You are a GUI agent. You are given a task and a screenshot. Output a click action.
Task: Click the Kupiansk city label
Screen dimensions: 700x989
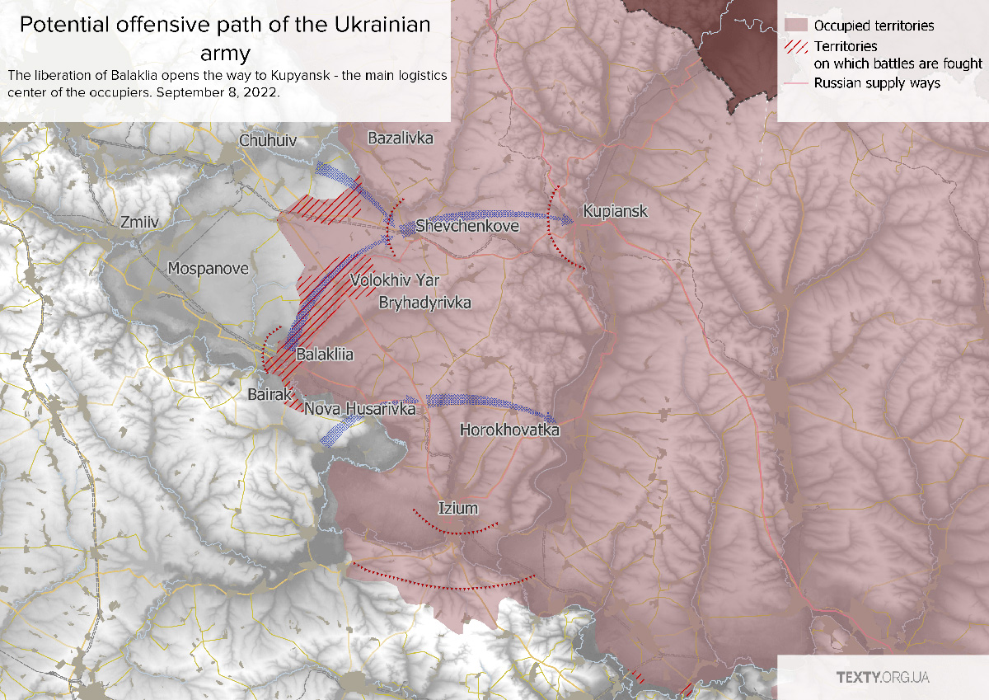615,212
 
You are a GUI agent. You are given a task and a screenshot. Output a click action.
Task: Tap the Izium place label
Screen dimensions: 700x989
457,508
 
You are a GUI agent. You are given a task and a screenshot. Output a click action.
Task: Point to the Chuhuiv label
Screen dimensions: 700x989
267,141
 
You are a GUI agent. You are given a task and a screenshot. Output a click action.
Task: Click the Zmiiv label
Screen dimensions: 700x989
138,223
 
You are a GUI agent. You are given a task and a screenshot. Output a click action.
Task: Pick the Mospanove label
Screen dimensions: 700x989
208,268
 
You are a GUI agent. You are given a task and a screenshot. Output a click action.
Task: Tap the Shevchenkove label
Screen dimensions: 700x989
467,225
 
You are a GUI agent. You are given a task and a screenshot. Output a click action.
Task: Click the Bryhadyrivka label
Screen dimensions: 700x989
424,303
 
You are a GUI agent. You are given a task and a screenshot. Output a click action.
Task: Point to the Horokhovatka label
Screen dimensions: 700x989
509,430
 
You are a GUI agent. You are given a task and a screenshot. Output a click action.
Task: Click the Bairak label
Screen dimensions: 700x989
267,395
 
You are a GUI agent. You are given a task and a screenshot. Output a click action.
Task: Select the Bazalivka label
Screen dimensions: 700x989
401,138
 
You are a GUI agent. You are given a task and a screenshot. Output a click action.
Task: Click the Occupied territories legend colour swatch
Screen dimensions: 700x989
795,26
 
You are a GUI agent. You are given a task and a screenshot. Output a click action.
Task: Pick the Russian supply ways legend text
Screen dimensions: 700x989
877,82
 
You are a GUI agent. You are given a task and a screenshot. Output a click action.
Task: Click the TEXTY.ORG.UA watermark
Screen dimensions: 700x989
883,677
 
